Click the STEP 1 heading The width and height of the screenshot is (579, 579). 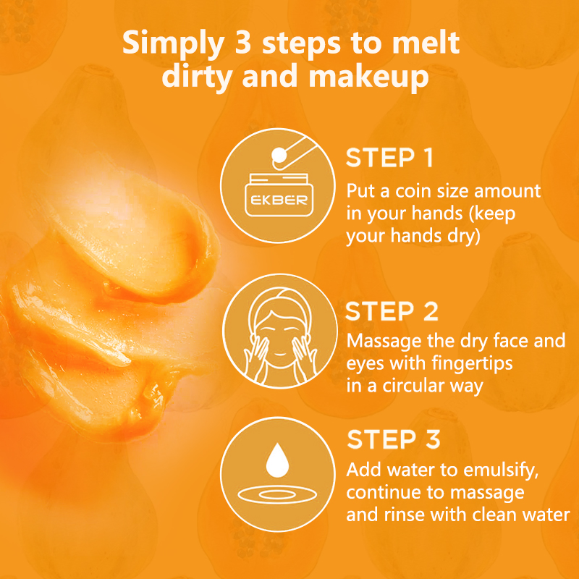tap(389, 158)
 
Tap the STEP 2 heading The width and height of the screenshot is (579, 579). tap(392, 311)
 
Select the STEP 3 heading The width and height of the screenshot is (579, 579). tap(394, 439)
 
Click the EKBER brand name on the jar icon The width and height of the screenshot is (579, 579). tap(279, 200)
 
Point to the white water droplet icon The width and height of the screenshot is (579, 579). tap(277, 460)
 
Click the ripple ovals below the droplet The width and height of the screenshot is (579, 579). tap(277, 495)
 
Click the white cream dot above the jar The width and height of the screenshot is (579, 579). tap(279, 156)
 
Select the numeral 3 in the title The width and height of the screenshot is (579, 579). tap(242, 43)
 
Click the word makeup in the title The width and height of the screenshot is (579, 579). tap(368, 77)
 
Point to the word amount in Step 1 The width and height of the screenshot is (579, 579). tap(507, 191)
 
